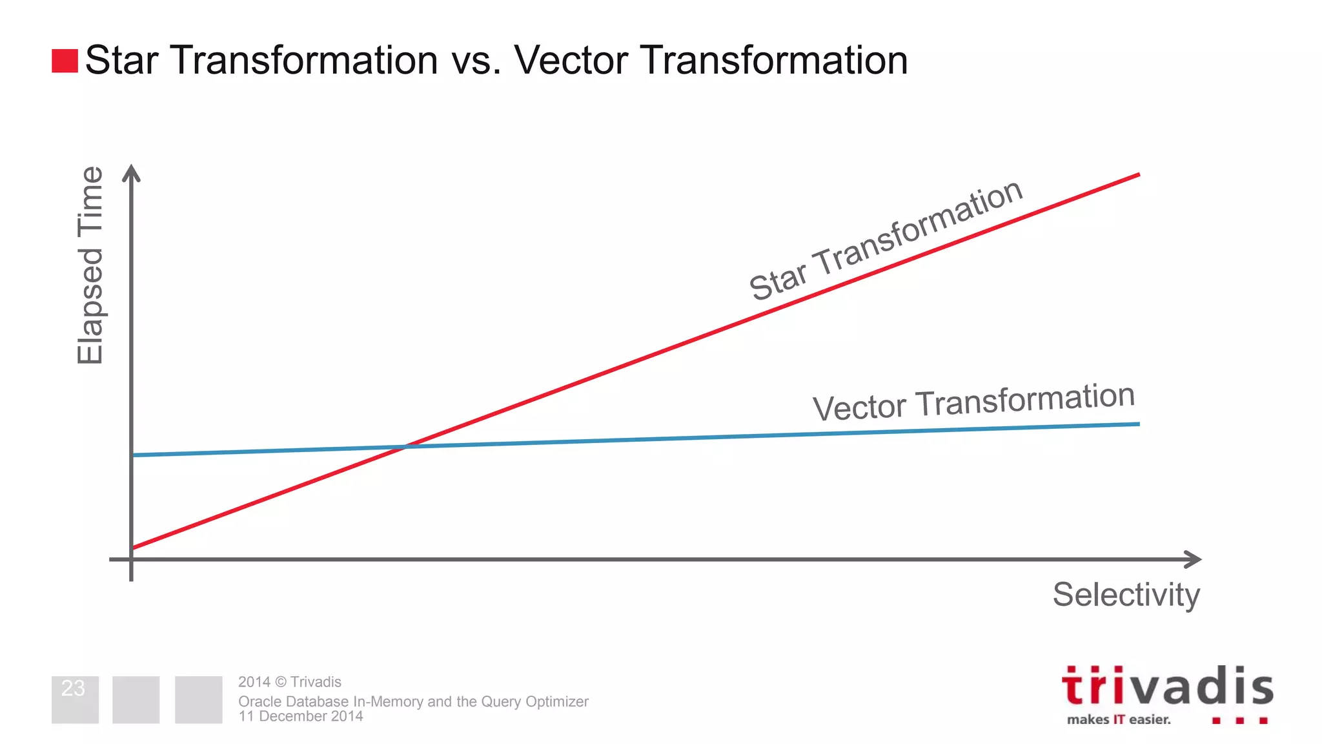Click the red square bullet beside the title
tap(65, 61)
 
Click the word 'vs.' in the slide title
tap(476, 61)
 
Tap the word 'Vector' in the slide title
tap(571, 61)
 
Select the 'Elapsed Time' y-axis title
tap(90, 265)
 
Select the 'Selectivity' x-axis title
tap(1126, 594)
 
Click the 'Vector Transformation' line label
tap(973, 401)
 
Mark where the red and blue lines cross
tap(405, 446)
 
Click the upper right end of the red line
tap(1137, 175)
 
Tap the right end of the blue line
tap(1137, 424)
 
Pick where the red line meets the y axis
tap(133, 548)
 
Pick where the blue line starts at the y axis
tap(133, 455)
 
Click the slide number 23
tap(73, 688)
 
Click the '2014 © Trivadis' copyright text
tap(289, 682)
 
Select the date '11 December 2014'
tap(300, 716)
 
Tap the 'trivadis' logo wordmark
tap(1167, 687)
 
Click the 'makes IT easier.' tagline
tap(1119, 719)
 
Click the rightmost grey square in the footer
tap(198, 699)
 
